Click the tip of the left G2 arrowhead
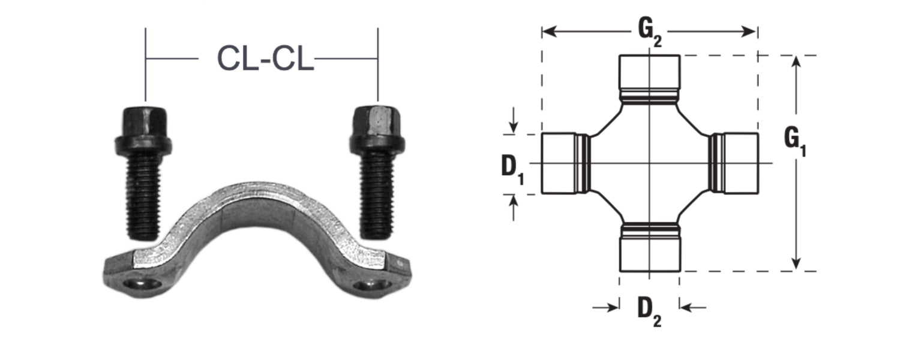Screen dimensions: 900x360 [x=542, y=31]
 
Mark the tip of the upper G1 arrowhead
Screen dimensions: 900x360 [x=796, y=56]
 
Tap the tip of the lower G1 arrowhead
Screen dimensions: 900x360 [x=796, y=269]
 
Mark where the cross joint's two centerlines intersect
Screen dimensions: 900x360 [x=649, y=163]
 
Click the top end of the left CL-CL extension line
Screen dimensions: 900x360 [x=145, y=28]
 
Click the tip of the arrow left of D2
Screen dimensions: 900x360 [x=619, y=308]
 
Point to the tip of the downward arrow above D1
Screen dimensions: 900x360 [x=513, y=133]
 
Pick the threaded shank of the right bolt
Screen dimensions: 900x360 [x=376, y=195]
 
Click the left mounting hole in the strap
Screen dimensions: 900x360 [x=142, y=285]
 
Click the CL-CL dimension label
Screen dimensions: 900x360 [x=265, y=58]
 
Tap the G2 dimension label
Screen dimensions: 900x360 [x=650, y=32]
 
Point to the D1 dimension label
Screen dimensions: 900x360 [x=512, y=170]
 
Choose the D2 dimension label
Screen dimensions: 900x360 [x=649, y=313]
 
